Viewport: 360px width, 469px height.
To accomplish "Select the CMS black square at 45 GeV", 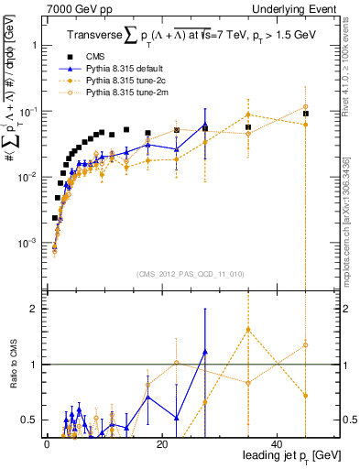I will pos(306,114).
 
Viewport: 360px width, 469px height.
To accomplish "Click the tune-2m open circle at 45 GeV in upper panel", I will pos(306,107).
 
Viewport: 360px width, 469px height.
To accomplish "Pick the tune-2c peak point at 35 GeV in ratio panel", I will pos(248,330).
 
